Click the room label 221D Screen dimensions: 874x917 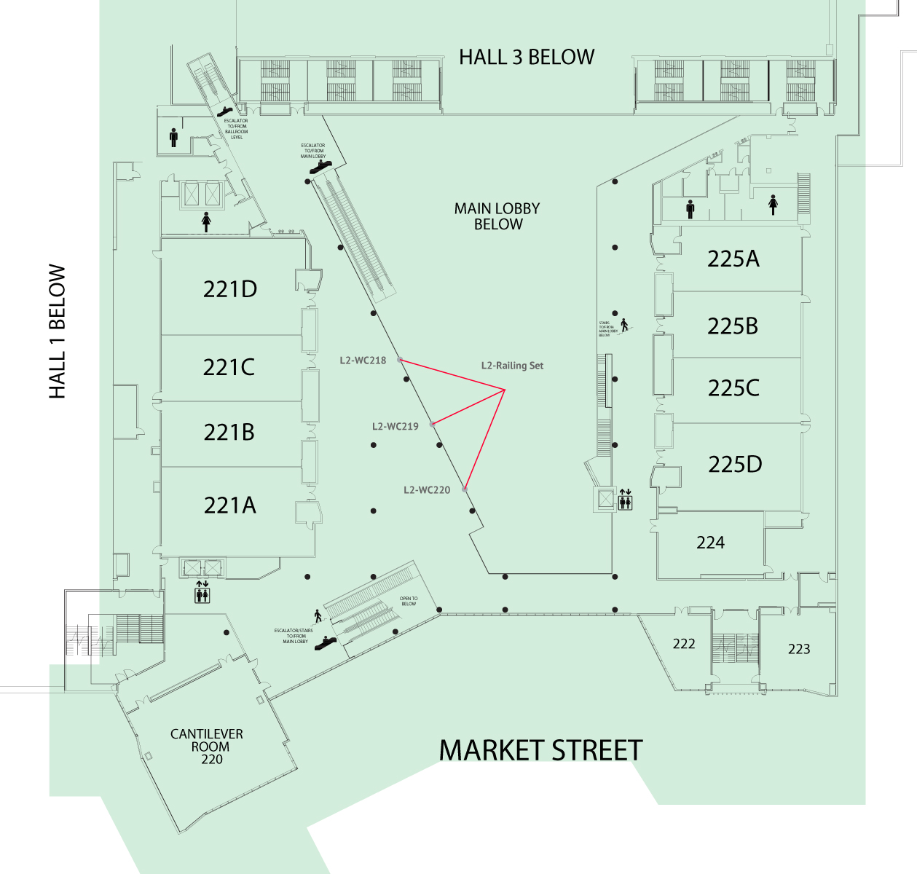point(230,289)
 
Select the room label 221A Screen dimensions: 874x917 point(230,505)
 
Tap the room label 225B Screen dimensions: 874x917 point(733,326)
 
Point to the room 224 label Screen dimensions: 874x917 point(710,543)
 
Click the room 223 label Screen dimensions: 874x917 point(799,649)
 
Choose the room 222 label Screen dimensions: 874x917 point(684,644)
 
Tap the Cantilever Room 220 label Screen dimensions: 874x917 point(208,747)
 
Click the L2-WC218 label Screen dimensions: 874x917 point(363,361)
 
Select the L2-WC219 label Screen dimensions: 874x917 point(395,427)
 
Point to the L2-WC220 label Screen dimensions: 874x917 point(427,490)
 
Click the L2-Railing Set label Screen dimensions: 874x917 point(512,366)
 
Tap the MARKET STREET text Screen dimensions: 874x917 point(540,751)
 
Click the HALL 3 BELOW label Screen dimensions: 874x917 point(527,57)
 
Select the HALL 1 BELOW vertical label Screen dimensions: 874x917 point(57,331)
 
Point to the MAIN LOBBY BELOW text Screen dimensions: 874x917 point(497,216)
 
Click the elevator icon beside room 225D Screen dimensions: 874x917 point(625,500)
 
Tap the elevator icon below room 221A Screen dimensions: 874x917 point(202,592)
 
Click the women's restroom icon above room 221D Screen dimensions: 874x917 point(206,221)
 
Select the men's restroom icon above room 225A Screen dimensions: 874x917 point(690,209)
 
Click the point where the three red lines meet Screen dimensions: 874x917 point(505,390)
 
